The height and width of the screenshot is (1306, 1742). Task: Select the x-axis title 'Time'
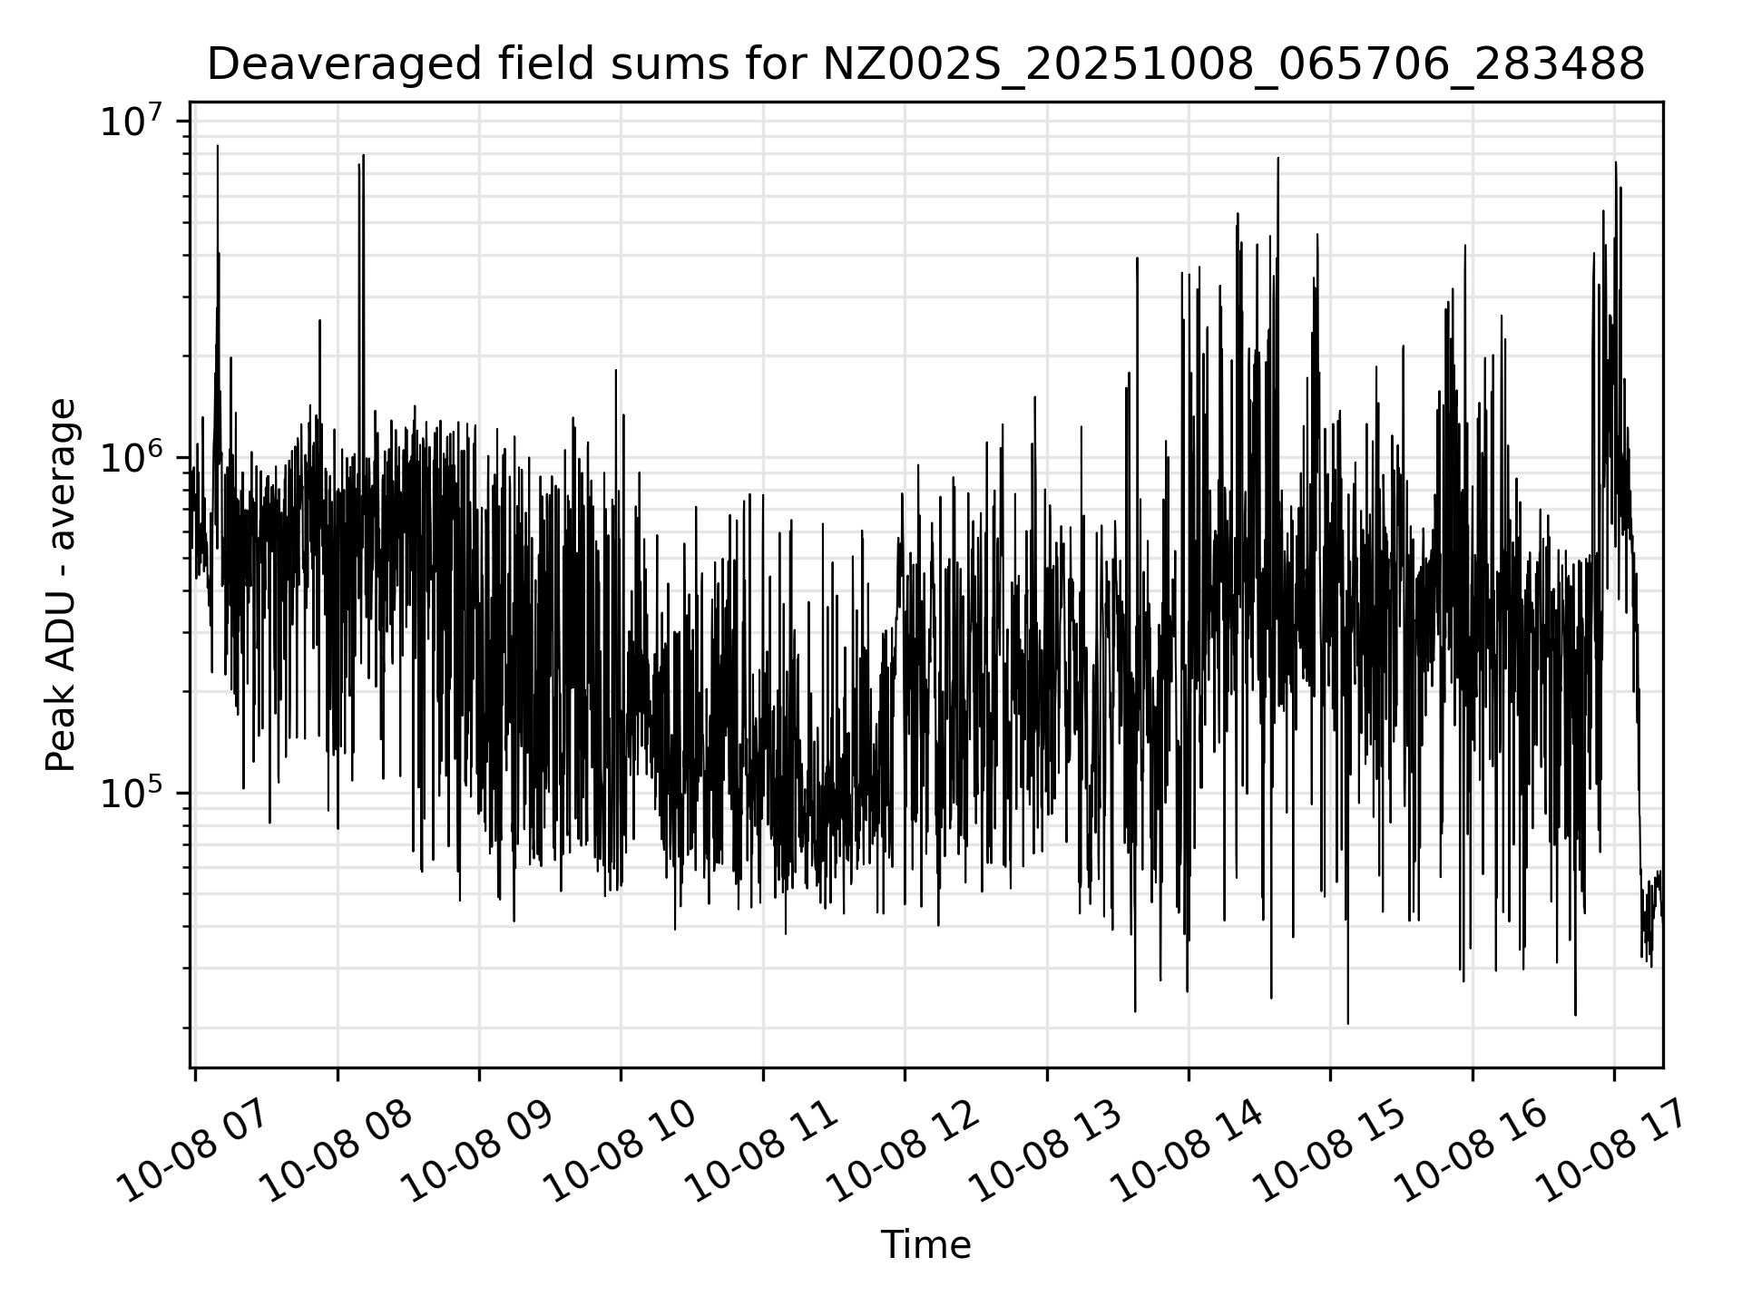(925, 1246)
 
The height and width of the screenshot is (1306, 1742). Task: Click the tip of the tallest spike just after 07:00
(218, 146)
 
